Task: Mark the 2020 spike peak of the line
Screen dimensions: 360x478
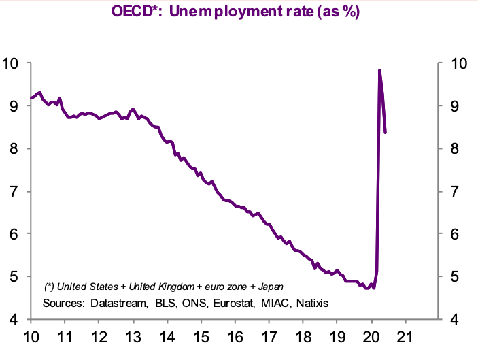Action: [379, 70]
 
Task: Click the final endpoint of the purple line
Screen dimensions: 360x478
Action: [386, 132]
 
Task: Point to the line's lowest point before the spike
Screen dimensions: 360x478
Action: [367, 288]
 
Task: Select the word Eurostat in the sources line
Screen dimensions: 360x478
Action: [232, 302]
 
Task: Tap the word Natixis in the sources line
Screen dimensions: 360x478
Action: [310, 302]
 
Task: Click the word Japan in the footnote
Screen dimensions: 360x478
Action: [269, 286]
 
